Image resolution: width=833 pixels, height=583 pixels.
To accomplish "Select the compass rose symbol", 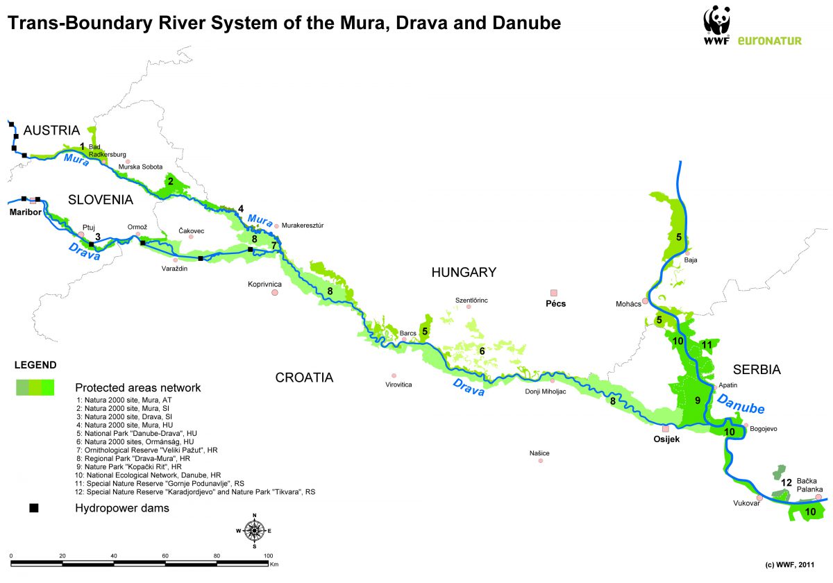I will pyautogui.click(x=255, y=531).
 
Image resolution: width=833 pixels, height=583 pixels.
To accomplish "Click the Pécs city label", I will pyautogui.click(x=556, y=304).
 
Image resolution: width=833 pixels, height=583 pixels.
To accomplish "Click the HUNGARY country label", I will pyautogui.click(x=464, y=272).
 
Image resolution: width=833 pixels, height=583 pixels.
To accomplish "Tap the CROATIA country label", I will pyautogui.click(x=304, y=378).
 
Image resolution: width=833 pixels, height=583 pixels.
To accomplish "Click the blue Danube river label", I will pyautogui.click(x=741, y=404).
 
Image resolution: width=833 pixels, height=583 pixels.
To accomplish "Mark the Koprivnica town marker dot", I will pyautogui.click(x=275, y=293).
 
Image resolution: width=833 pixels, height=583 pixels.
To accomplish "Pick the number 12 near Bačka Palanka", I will pyautogui.click(x=786, y=482).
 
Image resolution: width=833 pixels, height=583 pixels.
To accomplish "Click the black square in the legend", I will pyautogui.click(x=33, y=508).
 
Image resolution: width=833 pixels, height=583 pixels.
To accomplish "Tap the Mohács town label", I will pyautogui.click(x=628, y=304).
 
